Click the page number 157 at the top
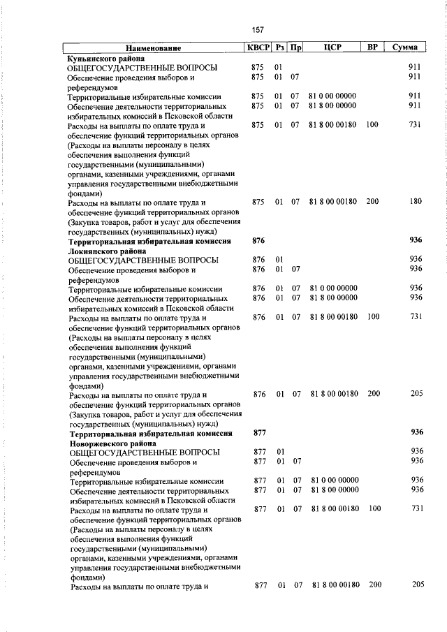258,29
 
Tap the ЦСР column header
332,48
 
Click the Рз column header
281,48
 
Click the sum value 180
416,202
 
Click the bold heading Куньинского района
105,59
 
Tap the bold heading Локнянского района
107,250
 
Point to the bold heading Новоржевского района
112,443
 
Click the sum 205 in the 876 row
416,394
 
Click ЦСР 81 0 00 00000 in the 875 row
332,96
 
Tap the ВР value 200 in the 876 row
374,394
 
